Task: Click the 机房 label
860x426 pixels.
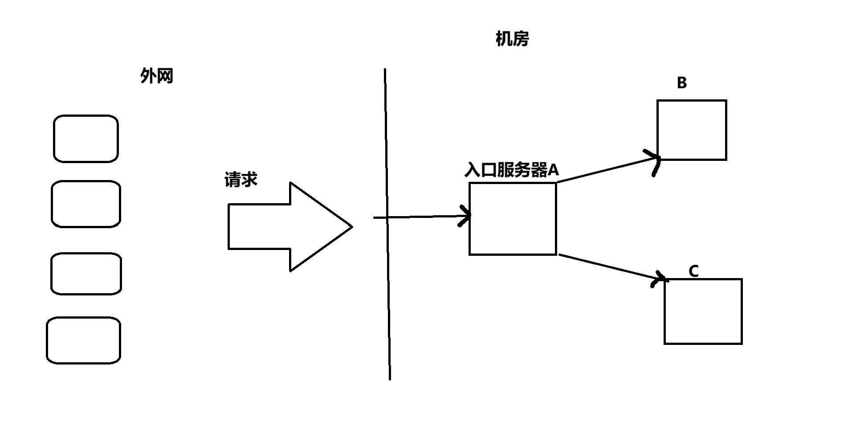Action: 512,39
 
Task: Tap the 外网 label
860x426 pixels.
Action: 156,76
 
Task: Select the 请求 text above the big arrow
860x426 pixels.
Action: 240,180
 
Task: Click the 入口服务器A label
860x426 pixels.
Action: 511,170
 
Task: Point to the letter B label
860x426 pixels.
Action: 681,83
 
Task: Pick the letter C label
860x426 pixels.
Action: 693,271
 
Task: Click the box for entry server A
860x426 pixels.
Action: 513,219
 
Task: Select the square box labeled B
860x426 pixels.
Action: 691,130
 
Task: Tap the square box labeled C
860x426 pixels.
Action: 703,311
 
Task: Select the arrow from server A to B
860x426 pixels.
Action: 606,169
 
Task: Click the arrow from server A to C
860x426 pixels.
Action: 610,267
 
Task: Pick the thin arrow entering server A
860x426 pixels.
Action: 423,217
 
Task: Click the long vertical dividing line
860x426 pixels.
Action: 387,290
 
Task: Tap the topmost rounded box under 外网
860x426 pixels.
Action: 86,139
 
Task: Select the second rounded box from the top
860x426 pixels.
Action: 86,204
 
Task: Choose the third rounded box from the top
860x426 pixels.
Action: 86,274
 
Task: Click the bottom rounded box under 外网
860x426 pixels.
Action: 84,340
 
